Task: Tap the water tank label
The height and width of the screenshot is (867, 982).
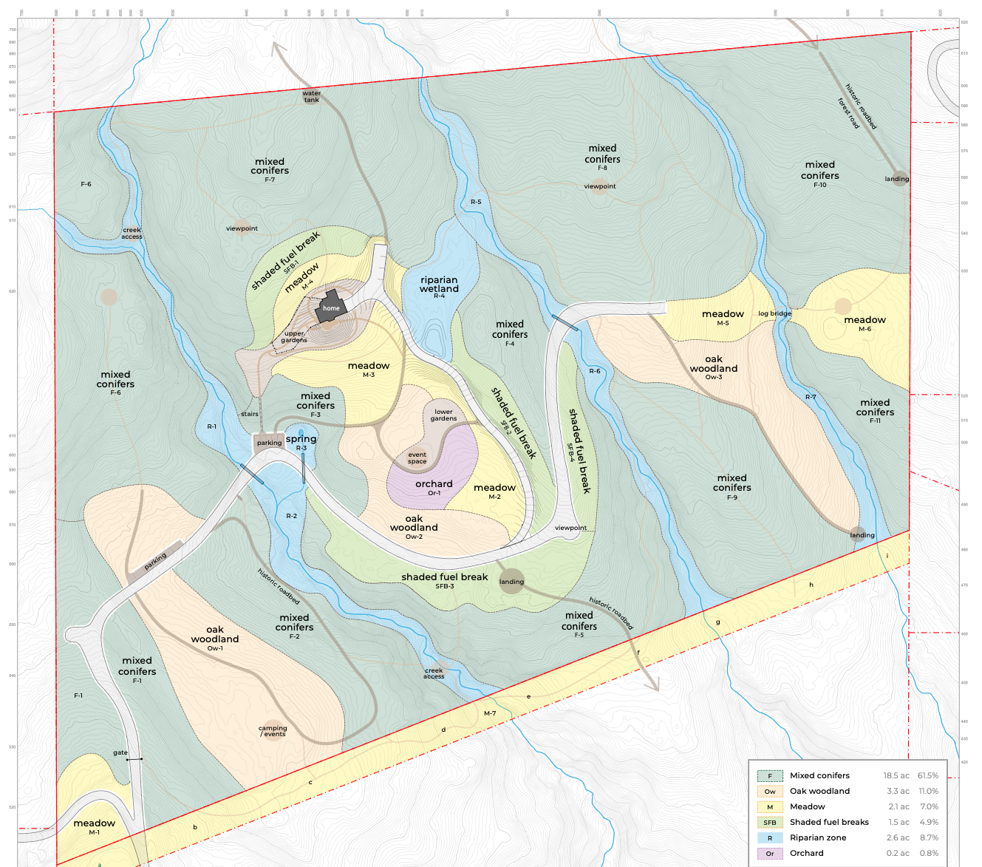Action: (312, 96)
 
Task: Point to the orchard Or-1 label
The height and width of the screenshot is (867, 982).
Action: (434, 487)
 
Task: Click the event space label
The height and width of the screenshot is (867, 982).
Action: (417, 458)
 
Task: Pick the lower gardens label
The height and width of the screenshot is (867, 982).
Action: (443, 415)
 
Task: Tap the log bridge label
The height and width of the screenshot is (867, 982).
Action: (774, 313)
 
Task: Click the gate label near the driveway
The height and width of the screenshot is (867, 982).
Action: (120, 752)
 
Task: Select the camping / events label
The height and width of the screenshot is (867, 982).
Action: (273, 731)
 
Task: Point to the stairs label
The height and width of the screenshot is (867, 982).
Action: (250, 414)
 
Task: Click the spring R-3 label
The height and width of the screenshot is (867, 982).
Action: (301, 442)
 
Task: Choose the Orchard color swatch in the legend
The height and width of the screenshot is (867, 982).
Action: (770, 853)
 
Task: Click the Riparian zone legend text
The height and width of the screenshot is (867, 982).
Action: (818, 837)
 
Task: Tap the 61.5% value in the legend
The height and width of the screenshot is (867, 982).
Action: (928, 775)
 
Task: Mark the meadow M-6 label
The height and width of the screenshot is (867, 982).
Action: (865, 323)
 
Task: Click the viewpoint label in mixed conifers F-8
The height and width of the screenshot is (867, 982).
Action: (600, 186)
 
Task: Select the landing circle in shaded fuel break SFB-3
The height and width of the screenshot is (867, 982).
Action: (511, 581)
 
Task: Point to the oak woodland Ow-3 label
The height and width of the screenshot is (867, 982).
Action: (714, 367)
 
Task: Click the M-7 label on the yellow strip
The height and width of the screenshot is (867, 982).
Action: (490, 713)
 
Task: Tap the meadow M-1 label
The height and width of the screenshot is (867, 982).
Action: (95, 826)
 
